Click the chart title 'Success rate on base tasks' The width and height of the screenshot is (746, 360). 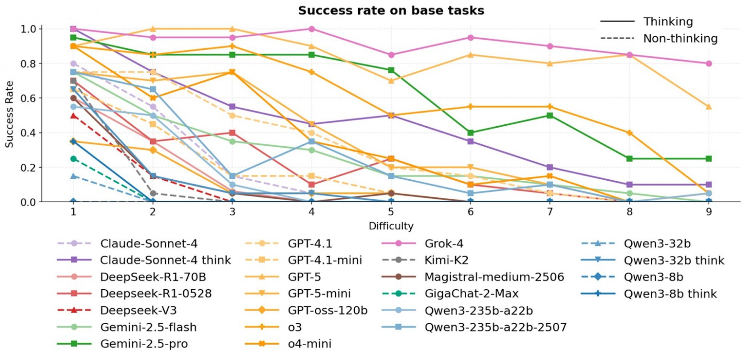coord(391,11)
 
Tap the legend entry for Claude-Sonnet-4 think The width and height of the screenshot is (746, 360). coord(166,260)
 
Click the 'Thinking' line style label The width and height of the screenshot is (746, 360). coord(668,22)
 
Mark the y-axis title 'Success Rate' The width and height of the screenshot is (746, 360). coord(11,115)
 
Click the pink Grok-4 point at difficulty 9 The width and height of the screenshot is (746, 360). coord(709,64)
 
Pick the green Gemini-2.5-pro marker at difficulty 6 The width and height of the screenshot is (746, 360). coord(471,133)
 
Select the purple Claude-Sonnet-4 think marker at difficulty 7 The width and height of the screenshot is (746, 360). coord(550,167)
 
